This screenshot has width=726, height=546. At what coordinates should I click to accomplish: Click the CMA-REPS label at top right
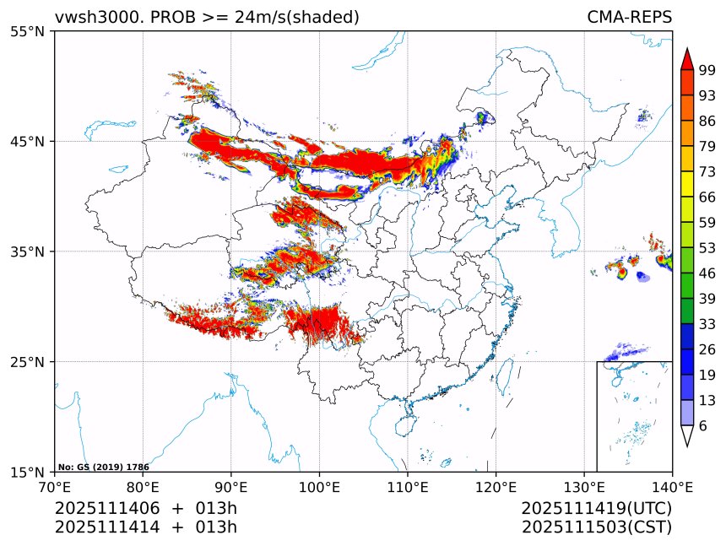tap(629, 17)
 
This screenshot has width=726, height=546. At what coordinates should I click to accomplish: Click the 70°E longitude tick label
tap(55, 487)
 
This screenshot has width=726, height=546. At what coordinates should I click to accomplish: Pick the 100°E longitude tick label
tap(319, 487)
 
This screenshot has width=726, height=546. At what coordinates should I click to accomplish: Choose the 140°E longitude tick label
tap(672, 487)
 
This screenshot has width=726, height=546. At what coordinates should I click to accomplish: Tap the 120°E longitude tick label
tap(496, 487)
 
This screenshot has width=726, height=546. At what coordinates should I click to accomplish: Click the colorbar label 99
tap(707, 70)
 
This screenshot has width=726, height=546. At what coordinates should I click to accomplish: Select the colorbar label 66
tap(707, 197)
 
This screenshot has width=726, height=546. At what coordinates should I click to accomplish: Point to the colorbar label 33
tap(707, 324)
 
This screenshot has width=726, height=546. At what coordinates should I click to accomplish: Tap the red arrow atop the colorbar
tap(687, 59)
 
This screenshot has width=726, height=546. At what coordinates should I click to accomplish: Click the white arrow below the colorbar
tap(687, 435)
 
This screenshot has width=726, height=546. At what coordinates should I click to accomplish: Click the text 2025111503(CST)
tap(596, 527)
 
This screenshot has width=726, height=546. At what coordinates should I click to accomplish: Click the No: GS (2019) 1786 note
tap(103, 467)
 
